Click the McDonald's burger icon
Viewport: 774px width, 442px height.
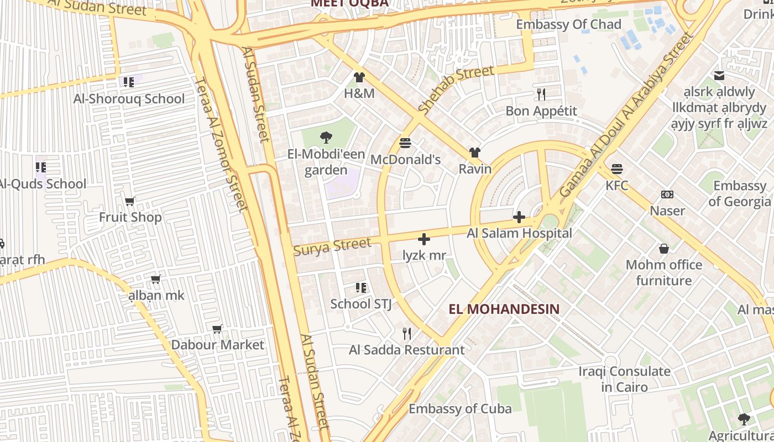coord(405,143)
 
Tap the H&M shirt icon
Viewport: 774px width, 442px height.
coord(359,77)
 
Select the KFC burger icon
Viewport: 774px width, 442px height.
coord(617,169)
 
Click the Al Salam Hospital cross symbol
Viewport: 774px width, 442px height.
coord(519,217)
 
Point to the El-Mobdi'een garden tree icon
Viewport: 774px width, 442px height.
coord(326,138)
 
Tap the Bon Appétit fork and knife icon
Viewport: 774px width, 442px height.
coord(541,94)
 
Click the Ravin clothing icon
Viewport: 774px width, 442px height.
coord(474,152)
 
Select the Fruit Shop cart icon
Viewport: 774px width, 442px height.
coord(130,201)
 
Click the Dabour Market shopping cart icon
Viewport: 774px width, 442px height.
coord(217,329)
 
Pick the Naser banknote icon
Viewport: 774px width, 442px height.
coord(667,194)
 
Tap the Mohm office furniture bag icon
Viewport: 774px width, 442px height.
coord(663,249)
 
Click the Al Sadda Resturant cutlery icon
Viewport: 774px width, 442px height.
coord(407,333)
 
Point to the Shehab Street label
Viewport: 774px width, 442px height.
coord(456,90)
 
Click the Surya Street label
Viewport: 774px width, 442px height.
coord(332,246)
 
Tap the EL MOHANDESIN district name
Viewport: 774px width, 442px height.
coord(504,309)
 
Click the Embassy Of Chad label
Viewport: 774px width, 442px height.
coord(568,24)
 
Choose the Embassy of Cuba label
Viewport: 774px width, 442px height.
coord(460,409)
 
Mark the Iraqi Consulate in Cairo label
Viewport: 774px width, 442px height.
coord(624,378)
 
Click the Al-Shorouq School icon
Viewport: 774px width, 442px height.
coord(128,82)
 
